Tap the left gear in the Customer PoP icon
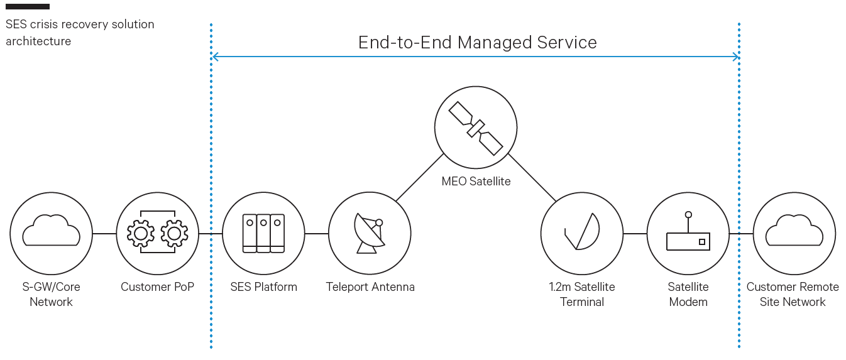pyautogui.click(x=141, y=234)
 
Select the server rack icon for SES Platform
pyautogui.click(x=263, y=233)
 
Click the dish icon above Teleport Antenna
pyautogui.click(x=370, y=233)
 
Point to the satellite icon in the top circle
pyautogui.click(x=476, y=128)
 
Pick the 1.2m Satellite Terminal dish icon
pyautogui.click(x=582, y=231)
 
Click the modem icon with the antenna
pyautogui.click(x=688, y=231)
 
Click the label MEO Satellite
pyautogui.click(x=476, y=181)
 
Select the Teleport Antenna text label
pyautogui.click(x=370, y=286)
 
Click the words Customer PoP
pyautogui.click(x=157, y=286)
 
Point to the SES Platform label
pyautogui.click(x=263, y=286)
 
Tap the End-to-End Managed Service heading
pyautogui.click(x=478, y=42)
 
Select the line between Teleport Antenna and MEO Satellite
pyautogui.click(x=419, y=177)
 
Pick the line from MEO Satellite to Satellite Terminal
pyautogui.click(x=532, y=177)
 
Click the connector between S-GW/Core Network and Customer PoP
pyautogui.click(x=104, y=234)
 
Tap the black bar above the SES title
pyautogui.click(x=28, y=6)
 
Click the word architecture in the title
pyautogui.click(x=38, y=41)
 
